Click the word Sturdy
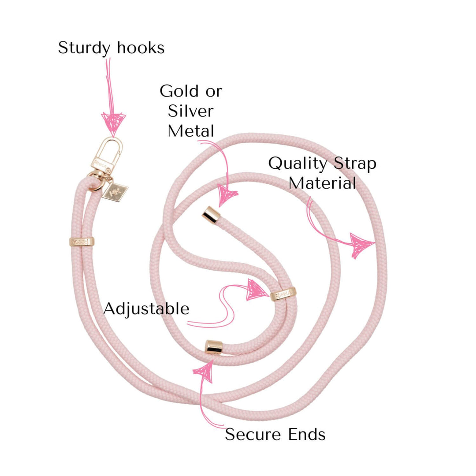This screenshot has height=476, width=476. pyautogui.click(x=82, y=48)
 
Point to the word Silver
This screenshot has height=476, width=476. pyautogui.click(x=190, y=111)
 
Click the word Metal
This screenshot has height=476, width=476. pyautogui.click(x=190, y=130)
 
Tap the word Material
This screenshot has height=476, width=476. pyautogui.click(x=322, y=183)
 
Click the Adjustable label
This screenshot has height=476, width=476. pyautogui.click(x=146, y=309)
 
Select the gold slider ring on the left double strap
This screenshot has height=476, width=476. pyautogui.click(x=82, y=242)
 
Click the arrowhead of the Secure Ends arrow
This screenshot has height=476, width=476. pyautogui.click(x=204, y=370)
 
